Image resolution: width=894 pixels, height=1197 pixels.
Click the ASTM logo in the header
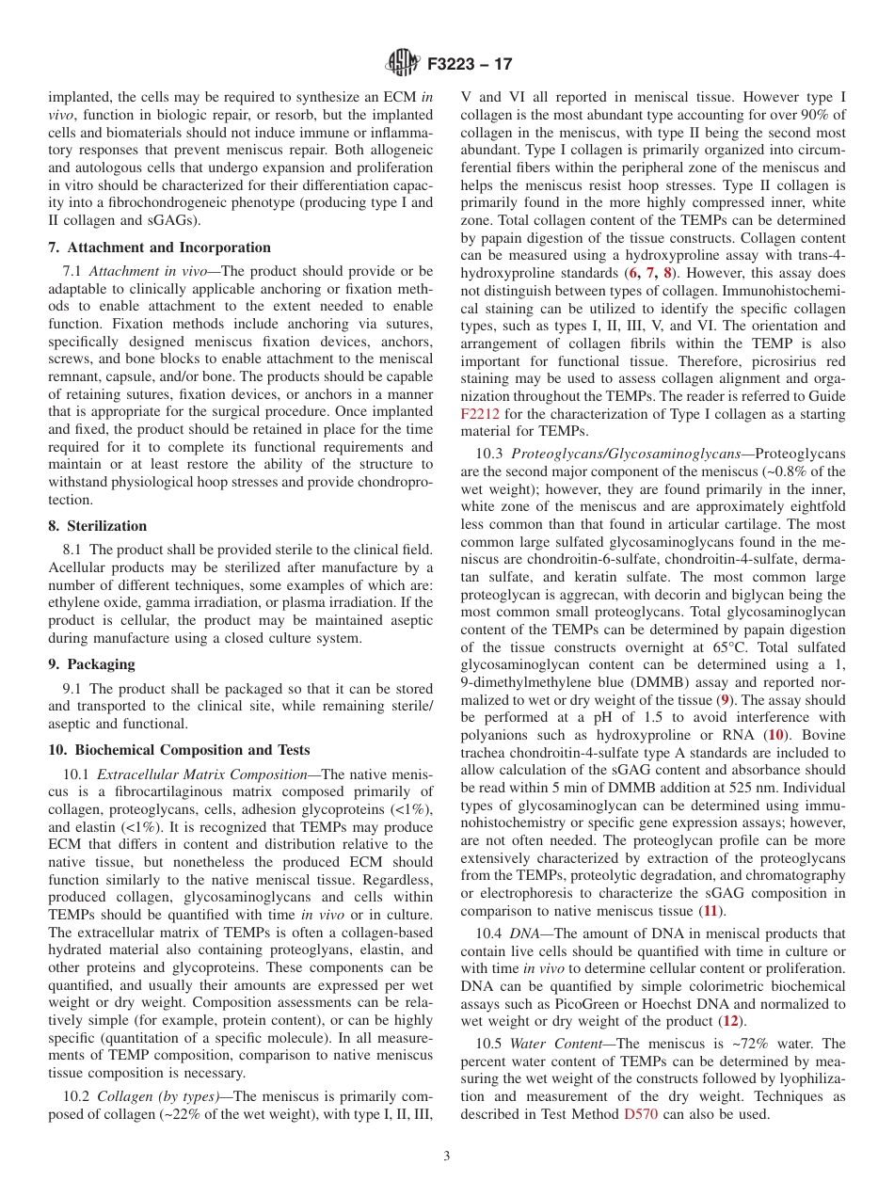(403, 64)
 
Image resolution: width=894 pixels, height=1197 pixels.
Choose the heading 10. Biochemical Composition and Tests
(179, 750)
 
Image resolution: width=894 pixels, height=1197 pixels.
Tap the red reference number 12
(729, 1021)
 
